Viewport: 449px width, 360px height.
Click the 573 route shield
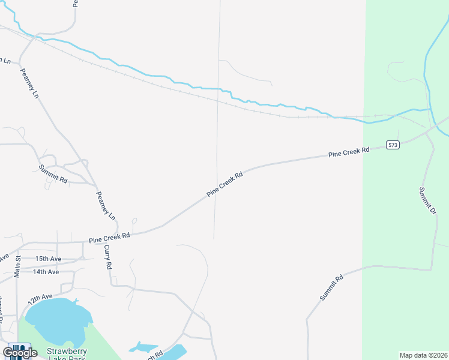pos(393,145)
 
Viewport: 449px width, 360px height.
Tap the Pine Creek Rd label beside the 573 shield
pos(349,152)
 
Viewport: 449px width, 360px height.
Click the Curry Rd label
pos(108,256)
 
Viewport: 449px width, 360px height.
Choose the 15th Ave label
pos(48,259)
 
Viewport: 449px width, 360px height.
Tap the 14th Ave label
pos(46,272)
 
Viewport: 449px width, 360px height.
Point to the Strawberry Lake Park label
pos(67,355)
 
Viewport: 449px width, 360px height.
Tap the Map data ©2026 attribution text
pos(424,355)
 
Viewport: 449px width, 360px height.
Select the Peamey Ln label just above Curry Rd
pos(106,203)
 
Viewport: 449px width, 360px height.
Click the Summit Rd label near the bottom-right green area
pos(331,288)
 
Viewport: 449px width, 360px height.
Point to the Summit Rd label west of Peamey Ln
pos(53,174)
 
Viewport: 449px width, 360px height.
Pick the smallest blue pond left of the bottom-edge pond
pos(142,347)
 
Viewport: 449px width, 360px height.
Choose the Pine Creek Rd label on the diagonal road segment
pos(224,185)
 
